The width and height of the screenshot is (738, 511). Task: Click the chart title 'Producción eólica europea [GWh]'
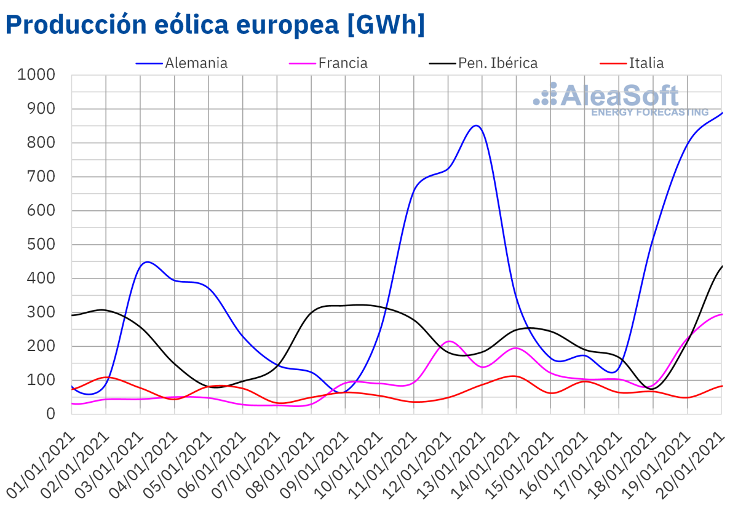215,25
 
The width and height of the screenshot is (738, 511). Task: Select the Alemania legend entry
196,63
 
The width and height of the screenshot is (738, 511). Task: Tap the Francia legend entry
343,63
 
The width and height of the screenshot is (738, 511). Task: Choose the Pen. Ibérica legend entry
498,63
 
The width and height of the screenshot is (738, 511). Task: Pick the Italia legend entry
646,63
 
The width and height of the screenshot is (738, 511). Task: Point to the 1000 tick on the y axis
37,75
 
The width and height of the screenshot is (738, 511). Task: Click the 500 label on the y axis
42,245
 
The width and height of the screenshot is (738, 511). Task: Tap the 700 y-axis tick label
42,177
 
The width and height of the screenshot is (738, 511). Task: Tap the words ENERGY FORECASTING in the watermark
649,113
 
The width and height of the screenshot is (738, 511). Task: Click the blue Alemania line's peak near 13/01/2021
476,125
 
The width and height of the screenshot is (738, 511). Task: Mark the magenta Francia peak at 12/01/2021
449,341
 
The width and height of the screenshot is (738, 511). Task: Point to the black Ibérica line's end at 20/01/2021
721,266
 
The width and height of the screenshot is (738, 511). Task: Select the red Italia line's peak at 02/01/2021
106,377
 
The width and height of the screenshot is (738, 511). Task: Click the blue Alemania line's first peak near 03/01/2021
146,262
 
